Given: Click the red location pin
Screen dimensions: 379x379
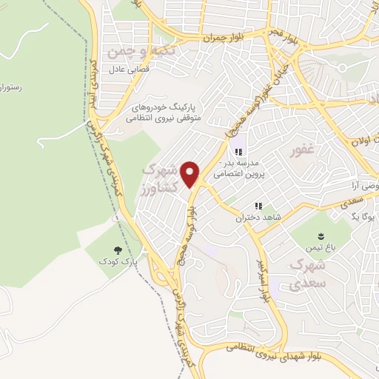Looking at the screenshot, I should tap(191, 173).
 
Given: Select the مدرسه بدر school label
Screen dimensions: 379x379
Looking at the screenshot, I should tap(236, 167).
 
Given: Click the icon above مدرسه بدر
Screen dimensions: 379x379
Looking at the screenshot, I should tap(238, 152).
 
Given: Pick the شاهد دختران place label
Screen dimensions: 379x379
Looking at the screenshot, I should tap(255, 218).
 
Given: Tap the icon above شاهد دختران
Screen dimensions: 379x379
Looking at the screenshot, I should tap(258, 206).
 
